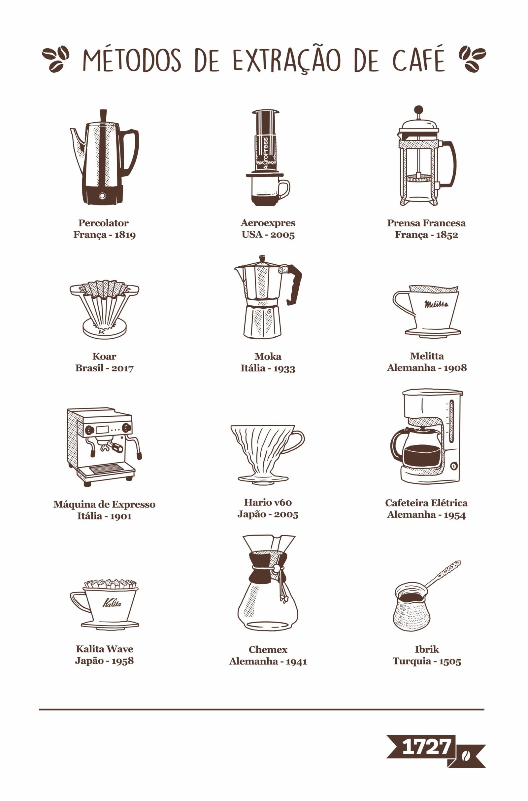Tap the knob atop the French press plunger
[418, 110]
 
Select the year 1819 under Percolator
[125, 235]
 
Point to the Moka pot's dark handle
[294, 284]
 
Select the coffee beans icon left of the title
[55, 59]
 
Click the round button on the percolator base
[102, 196]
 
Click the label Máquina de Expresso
[104, 504]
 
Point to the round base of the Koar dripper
[104, 329]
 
